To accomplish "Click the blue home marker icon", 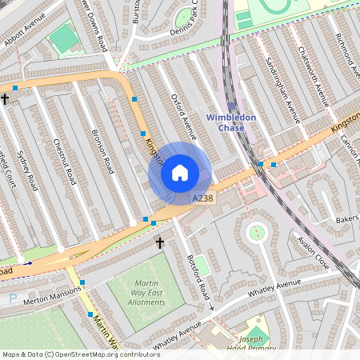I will tap(180, 172).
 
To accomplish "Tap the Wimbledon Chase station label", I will tap(231, 122).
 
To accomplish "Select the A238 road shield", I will tap(202, 198).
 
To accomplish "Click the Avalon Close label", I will tap(312, 249).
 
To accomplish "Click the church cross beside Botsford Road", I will tap(159, 242).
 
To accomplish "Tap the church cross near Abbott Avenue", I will tap(5, 99).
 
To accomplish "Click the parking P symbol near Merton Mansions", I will tap(12, 298).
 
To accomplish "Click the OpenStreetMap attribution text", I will tap(80, 354).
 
